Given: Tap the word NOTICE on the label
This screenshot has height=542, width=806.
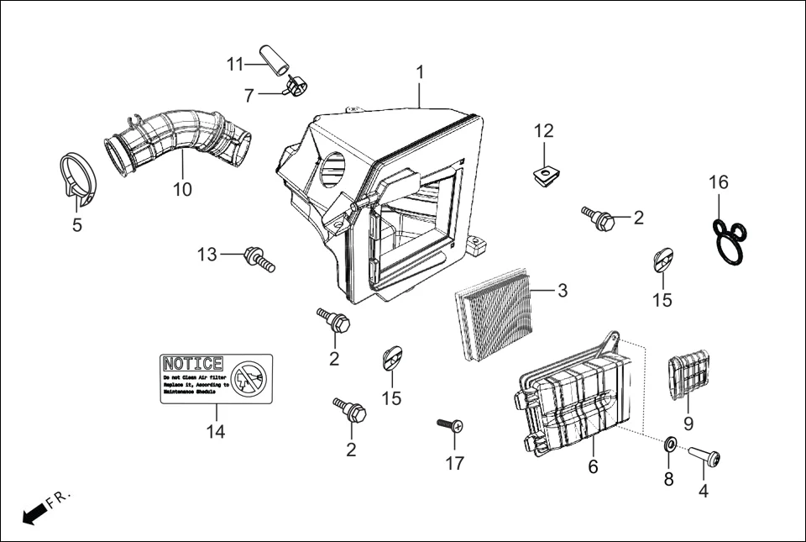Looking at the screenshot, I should tap(193, 364).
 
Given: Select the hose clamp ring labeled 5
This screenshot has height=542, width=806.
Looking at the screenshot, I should tap(80, 178).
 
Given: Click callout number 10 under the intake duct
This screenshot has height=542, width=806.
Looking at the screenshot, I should tap(182, 190).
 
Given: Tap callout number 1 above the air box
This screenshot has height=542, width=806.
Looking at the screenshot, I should tap(420, 73).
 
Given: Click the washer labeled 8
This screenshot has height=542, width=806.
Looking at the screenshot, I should tap(670, 444).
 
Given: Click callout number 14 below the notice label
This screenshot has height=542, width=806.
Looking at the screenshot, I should tap(216, 431).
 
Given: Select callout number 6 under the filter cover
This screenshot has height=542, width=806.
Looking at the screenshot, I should tap(593, 466).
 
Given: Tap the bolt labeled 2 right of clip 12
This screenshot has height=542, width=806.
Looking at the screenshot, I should tap(598, 219).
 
